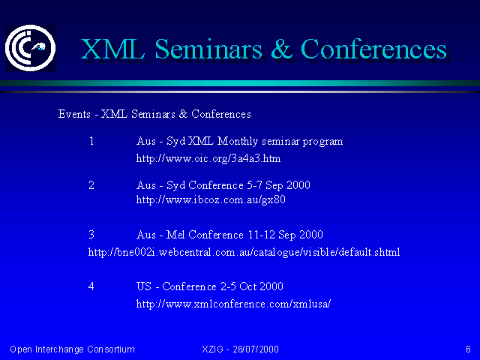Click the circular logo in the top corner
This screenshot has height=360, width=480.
pyautogui.click(x=30, y=48)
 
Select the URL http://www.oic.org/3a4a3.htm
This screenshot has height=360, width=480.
pyautogui.click(x=208, y=158)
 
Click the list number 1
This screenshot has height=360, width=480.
pyautogui.click(x=91, y=141)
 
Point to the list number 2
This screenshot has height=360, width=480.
pyautogui.click(x=91, y=185)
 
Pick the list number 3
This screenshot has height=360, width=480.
pyautogui.click(x=91, y=235)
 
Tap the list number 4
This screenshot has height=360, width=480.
pyautogui.click(x=91, y=286)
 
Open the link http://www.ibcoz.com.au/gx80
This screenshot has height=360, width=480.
pyautogui.click(x=211, y=200)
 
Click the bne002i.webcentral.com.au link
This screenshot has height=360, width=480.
pyautogui.click(x=244, y=252)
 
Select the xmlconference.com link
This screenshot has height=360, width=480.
pyautogui.click(x=233, y=304)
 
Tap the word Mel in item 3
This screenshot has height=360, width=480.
pyautogui.click(x=175, y=235)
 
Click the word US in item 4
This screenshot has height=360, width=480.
pyautogui.click(x=144, y=286)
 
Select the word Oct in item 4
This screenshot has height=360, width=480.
pyautogui.click(x=247, y=286)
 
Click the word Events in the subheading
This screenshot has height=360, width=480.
pyautogui.click(x=74, y=114)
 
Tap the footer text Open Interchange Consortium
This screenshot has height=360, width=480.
pyautogui.click(x=72, y=349)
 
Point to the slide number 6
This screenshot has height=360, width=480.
pyautogui.click(x=468, y=349)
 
